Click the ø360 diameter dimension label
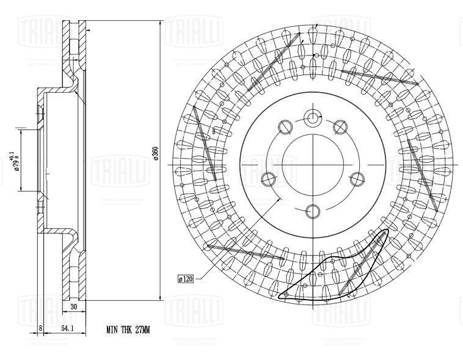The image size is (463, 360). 156,154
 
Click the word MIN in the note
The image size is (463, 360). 111,329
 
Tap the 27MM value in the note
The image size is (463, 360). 140,329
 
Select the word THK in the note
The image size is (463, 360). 125,329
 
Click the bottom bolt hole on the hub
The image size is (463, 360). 313,211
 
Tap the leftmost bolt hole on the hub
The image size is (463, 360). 268,179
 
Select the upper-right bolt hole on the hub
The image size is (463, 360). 340,126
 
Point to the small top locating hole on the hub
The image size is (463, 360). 313,118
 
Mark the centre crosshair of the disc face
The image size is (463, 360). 313,164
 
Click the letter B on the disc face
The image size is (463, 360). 214,131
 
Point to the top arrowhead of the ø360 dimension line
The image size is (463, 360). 162,22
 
